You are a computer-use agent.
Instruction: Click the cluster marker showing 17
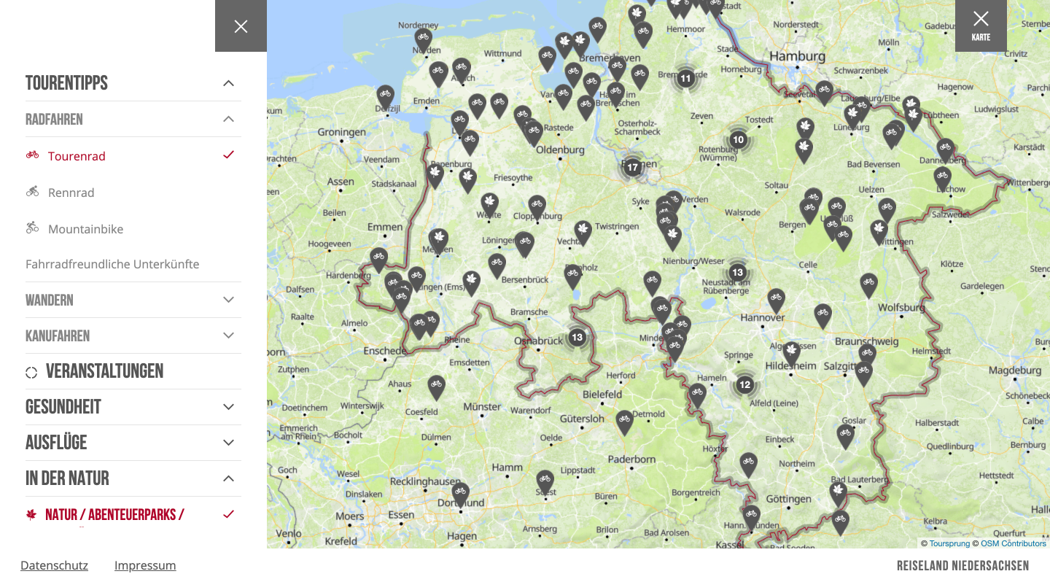632,167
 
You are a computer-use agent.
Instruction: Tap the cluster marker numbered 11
685,78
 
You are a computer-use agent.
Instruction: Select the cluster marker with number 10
738,139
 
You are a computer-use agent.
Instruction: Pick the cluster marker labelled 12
744,384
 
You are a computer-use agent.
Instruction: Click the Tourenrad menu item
77,156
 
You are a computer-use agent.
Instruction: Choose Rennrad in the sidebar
71,193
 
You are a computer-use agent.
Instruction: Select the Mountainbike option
85,229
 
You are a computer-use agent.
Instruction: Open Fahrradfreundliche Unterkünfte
112,264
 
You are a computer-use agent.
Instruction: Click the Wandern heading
50,300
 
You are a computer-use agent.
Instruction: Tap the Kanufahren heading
58,335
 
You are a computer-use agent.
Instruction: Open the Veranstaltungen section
104,371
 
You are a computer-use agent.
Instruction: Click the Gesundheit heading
63,407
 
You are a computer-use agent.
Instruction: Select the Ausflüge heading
56,443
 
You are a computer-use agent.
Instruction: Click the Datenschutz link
54,565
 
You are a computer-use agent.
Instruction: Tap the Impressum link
145,565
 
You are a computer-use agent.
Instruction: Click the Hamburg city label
797,56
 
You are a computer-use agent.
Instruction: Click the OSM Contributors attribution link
1013,543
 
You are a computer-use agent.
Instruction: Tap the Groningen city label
341,132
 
